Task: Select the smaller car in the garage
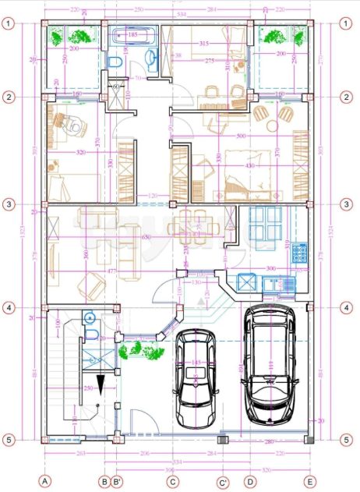tap(195, 378)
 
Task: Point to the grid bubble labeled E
tap(310, 481)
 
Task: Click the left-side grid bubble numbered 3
tap(9, 204)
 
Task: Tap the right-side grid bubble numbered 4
tap(344, 307)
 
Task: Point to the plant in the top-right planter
tap(274, 36)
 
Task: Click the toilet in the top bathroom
tap(115, 62)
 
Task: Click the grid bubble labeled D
tap(249, 481)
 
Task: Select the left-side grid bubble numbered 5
tap(9, 440)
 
